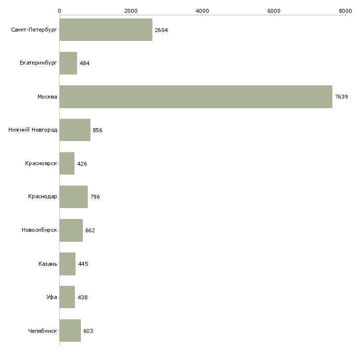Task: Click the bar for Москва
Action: point(196,97)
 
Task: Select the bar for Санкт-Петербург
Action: point(106,30)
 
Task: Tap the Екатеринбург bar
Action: point(68,63)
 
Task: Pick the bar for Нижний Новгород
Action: point(74,130)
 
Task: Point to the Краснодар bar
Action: point(73,197)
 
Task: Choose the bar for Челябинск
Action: point(70,331)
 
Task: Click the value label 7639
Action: point(341,97)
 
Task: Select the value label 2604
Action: point(161,30)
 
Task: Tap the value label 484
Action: point(84,64)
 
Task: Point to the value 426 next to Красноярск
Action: point(82,164)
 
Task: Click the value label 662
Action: point(90,230)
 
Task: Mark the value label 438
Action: point(82,297)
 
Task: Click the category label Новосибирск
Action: point(39,230)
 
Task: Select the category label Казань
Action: point(48,264)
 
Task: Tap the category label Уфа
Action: point(52,297)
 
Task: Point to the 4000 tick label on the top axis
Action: point(202,10)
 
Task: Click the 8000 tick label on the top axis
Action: point(345,10)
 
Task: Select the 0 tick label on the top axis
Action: point(59,10)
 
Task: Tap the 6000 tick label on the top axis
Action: point(274,10)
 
